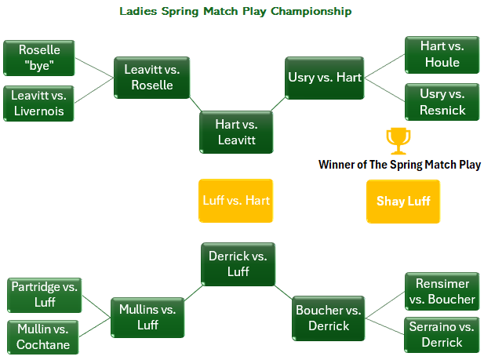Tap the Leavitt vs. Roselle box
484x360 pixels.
152,77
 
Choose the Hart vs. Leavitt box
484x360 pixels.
236,132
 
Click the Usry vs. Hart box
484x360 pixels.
324,77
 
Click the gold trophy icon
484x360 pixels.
398,141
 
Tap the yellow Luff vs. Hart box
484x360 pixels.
236,201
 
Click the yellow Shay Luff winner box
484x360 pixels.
403,201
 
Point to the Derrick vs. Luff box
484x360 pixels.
238,264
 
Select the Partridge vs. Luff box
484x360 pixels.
45,294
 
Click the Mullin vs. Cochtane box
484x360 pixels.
45,337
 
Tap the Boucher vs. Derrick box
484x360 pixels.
329,318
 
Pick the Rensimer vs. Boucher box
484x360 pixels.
442,291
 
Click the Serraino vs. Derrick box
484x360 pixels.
442,335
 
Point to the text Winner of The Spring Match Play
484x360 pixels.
399,165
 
